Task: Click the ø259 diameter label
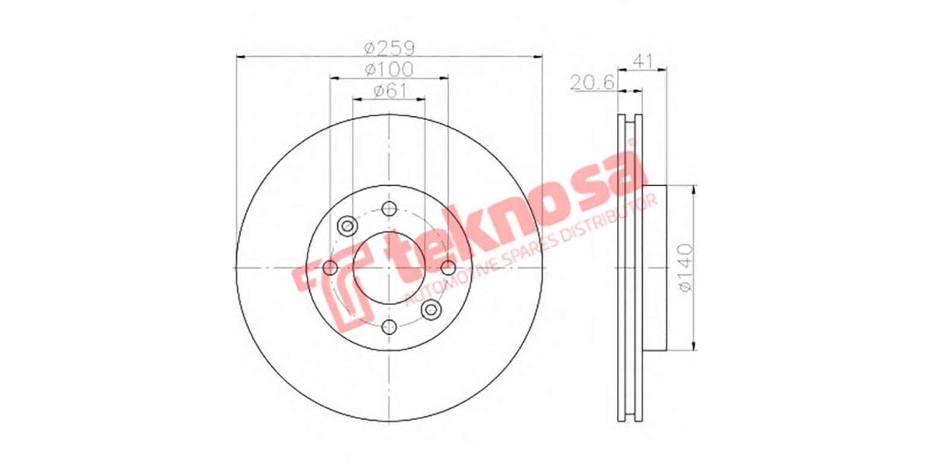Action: (x=389, y=48)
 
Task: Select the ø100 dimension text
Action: (x=389, y=70)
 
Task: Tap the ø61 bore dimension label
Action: (x=389, y=91)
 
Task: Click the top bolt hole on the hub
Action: (x=389, y=208)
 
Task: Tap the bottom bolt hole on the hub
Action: (x=389, y=327)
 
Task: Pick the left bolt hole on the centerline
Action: (x=329, y=268)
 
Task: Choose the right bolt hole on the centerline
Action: (x=448, y=268)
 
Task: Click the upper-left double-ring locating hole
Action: (x=347, y=226)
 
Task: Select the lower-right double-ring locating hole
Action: (x=431, y=310)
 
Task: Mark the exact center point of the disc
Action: (x=389, y=268)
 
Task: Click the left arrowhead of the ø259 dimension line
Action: (x=239, y=56)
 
